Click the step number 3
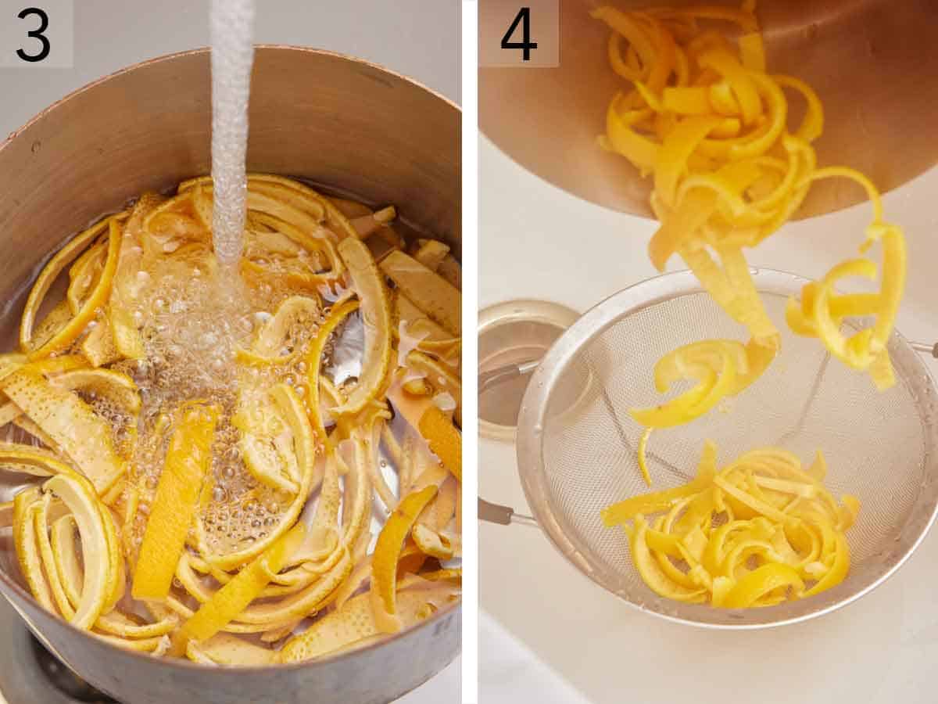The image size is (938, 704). tap(33, 34)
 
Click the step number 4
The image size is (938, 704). tap(518, 34)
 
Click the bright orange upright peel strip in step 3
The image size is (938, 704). tap(174, 501)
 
